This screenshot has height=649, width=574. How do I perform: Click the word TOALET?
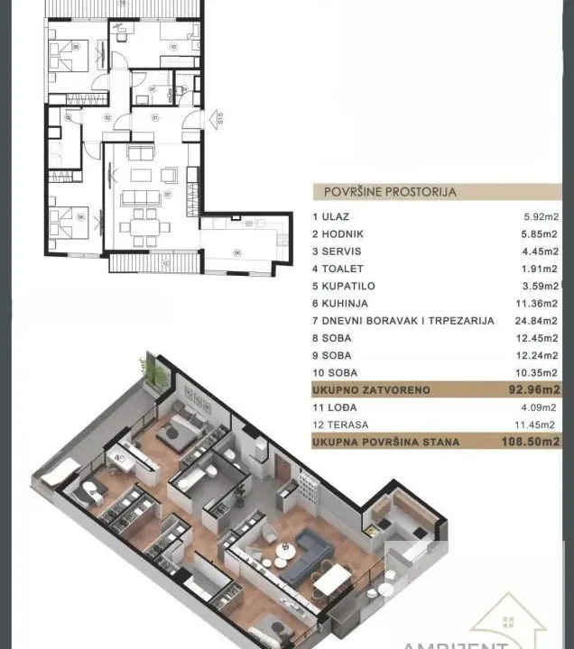[340, 268]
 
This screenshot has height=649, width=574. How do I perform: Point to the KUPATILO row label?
[345, 286]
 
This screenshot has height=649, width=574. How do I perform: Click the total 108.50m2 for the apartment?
[530, 442]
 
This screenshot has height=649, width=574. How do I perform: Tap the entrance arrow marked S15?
[215, 118]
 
